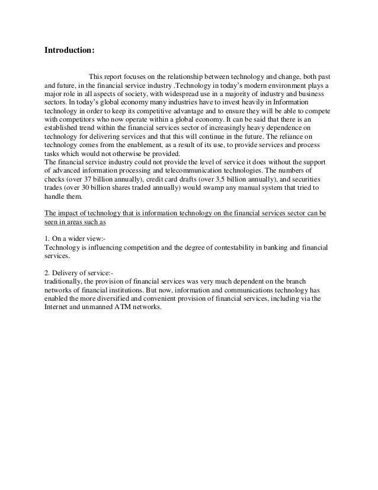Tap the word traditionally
click(x=64, y=280)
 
